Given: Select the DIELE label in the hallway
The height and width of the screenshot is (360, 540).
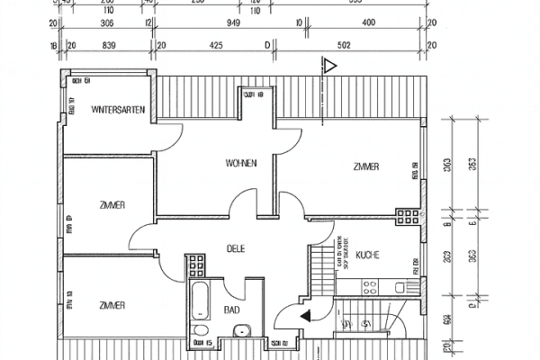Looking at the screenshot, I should coord(236,247).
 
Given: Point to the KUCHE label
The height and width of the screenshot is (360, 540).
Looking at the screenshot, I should coord(367,255).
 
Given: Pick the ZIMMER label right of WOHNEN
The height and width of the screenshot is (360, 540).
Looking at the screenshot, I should coord(365,166).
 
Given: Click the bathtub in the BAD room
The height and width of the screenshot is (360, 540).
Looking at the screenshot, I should coord(201,306).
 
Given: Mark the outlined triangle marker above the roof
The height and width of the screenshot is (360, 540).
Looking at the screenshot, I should coord(330,65).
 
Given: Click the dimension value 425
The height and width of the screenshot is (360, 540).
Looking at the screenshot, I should coord(216,42).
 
